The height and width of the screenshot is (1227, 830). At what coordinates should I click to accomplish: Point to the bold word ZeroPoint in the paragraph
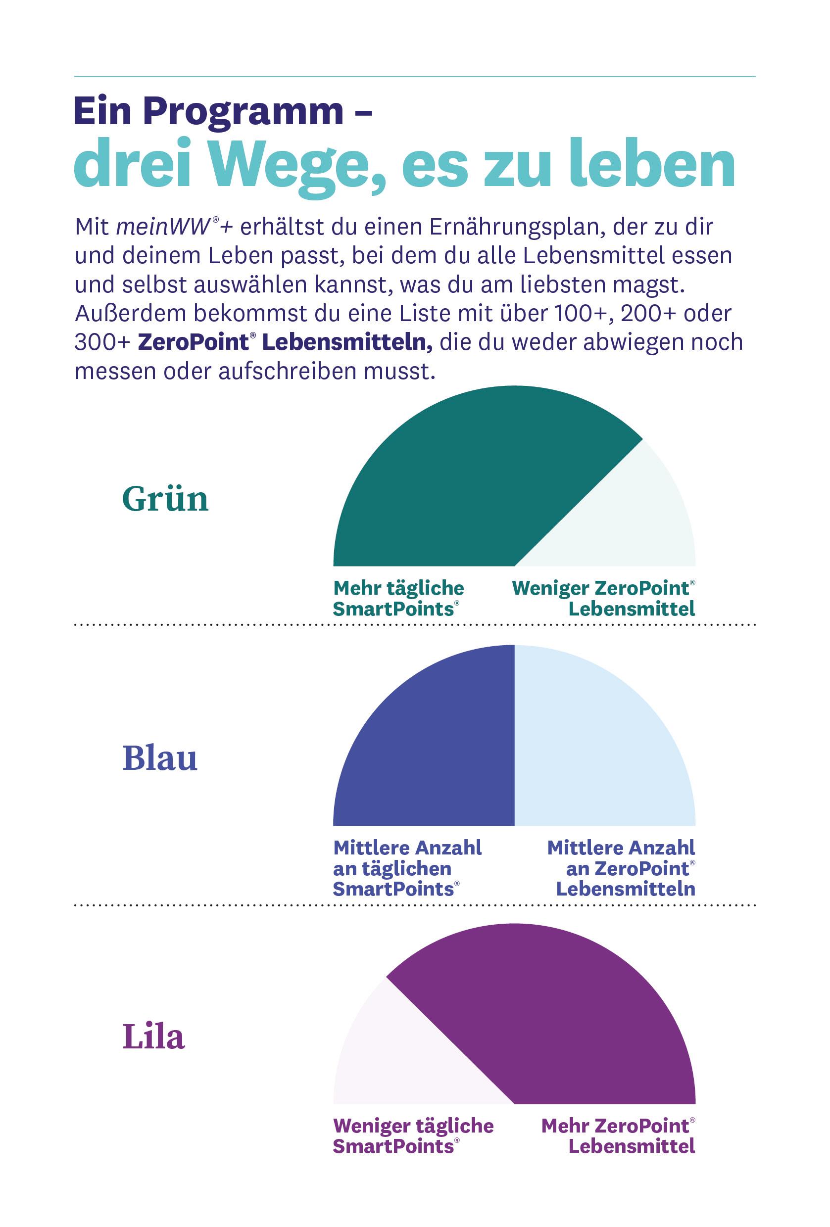pos(193,342)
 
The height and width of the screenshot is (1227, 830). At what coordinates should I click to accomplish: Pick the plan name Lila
pos(153,1036)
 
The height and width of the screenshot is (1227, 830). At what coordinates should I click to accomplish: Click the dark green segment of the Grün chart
pos(465,486)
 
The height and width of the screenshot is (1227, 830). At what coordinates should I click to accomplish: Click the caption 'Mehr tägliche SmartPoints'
pos(398,598)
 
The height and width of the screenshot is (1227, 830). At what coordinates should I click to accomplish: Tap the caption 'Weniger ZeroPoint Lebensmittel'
pos(603,598)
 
